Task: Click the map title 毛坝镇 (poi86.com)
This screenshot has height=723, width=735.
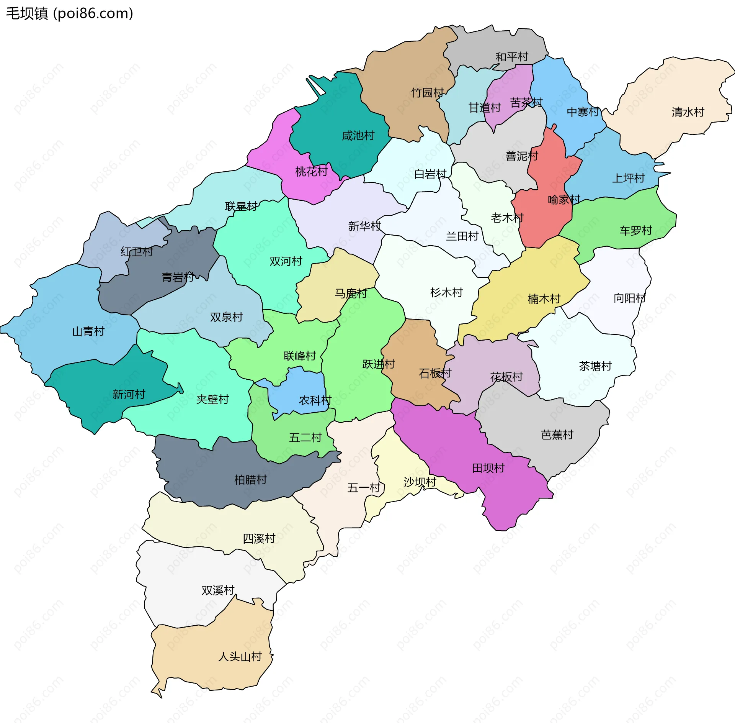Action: [x=70, y=13]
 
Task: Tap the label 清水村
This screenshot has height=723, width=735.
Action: [x=688, y=112]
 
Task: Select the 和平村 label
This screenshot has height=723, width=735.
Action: [x=512, y=57]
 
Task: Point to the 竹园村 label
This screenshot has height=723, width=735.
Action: [x=427, y=93]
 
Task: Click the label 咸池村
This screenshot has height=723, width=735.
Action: [x=358, y=136]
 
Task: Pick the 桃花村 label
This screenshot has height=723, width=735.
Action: [x=311, y=172]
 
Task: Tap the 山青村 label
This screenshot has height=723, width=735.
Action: [x=88, y=331]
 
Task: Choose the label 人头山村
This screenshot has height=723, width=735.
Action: [x=240, y=657]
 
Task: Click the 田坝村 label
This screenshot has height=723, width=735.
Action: [x=488, y=468]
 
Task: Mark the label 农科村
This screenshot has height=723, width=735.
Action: [x=315, y=401]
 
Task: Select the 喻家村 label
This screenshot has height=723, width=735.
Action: [x=564, y=200]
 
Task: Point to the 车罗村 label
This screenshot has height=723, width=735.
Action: [x=636, y=231]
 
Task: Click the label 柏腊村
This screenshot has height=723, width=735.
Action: [x=250, y=480]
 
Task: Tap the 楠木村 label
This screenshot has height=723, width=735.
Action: [x=544, y=299]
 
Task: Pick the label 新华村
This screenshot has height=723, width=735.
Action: [x=364, y=226]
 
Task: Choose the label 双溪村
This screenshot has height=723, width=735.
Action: [x=218, y=590]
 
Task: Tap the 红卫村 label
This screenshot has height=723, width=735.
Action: [x=137, y=252]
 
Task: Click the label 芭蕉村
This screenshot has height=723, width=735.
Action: [x=557, y=435]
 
